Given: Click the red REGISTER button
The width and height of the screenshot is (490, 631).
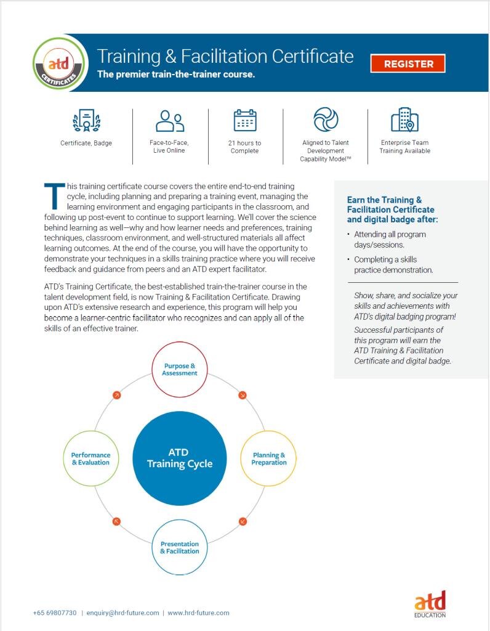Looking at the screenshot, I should pos(408,63).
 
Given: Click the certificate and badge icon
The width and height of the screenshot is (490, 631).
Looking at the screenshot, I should pos(86,121).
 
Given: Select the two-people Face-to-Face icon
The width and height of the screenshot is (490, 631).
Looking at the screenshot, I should pos(170,121).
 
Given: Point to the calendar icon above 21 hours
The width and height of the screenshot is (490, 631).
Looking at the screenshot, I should pos(245,121).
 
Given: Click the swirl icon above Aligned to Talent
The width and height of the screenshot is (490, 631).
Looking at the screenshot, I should pos(326,120).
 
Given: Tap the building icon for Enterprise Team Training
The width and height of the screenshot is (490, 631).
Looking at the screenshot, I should pos(404,120).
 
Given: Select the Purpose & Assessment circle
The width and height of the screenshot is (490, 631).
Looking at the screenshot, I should pos(180,370).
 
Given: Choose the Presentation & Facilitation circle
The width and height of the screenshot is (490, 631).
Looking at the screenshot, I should pos(180,548).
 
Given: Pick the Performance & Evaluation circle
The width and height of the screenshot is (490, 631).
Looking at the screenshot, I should pos(90,459).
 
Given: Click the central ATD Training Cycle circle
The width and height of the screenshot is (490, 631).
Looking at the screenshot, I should pos(179,458).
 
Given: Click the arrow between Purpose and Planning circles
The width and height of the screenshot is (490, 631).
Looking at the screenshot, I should pos(243,395).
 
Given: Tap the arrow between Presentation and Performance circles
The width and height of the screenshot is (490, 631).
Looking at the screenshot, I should pos(116,522).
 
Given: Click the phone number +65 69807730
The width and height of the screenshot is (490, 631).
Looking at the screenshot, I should pos(55,613).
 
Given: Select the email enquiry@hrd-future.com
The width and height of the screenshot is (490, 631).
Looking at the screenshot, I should pos(122,613).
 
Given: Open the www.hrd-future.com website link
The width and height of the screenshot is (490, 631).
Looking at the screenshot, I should pos(198,613).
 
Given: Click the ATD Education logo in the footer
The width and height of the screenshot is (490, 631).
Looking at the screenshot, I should pos(430,603).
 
